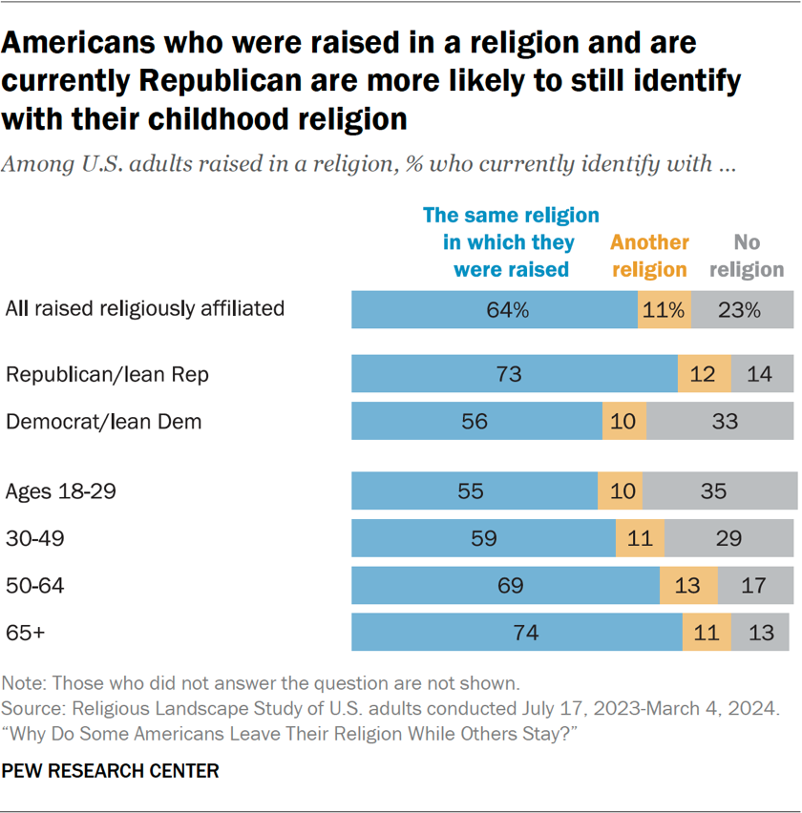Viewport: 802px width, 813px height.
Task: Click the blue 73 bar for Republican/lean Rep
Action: coord(514,374)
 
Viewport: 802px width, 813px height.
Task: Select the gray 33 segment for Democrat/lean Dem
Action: coord(719,421)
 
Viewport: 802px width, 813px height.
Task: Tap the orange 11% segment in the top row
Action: coord(664,309)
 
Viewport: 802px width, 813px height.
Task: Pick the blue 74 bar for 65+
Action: coord(516,632)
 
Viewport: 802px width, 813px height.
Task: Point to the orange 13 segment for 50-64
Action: coord(687,585)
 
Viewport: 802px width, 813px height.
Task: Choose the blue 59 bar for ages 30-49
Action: coord(483,538)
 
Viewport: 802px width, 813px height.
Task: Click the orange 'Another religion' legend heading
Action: coord(649,256)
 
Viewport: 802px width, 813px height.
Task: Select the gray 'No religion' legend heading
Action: coord(747,256)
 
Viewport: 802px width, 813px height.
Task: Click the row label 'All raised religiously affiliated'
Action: coord(145,308)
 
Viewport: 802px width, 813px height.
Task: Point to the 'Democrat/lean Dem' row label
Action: coord(104,421)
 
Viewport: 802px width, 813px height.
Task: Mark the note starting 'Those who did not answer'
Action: coord(261,683)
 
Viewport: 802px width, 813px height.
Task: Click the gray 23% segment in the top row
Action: coord(741,309)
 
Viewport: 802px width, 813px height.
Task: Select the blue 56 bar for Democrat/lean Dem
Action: coord(476,421)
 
